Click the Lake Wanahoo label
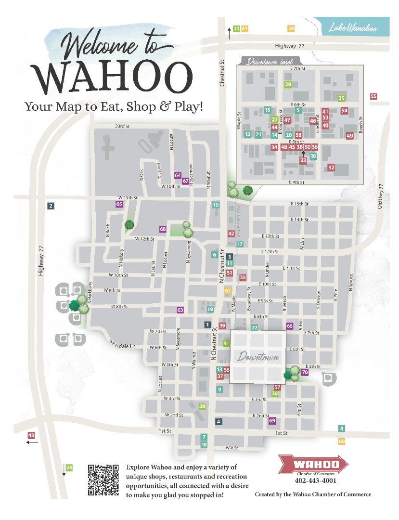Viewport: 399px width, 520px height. pyautogui.click(x=353, y=28)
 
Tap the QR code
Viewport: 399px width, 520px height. pyautogui.click(x=103, y=480)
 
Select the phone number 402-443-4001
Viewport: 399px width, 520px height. pyautogui.click(x=315, y=481)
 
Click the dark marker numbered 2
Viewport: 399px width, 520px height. pyautogui.click(x=51, y=206)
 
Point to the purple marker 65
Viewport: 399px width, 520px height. pyautogui.click(x=119, y=204)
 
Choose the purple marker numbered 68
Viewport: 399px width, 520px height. pyautogui.click(x=163, y=229)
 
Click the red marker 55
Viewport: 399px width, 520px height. pyautogui.click(x=373, y=96)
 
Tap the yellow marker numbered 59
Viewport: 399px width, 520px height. pyautogui.click(x=291, y=29)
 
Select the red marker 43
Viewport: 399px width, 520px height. pyautogui.click(x=31, y=435)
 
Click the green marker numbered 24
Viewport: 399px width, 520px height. pyautogui.click(x=69, y=468)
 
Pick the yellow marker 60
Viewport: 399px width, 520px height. pyautogui.click(x=342, y=441)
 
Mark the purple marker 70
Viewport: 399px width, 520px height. pyautogui.click(x=305, y=372)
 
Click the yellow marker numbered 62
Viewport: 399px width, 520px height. pyautogui.click(x=228, y=290)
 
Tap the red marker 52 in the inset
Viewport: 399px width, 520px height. pyautogui.click(x=331, y=168)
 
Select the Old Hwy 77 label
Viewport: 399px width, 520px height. pyautogui.click(x=380, y=197)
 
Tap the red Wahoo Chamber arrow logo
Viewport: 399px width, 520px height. pyautogui.click(x=313, y=465)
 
